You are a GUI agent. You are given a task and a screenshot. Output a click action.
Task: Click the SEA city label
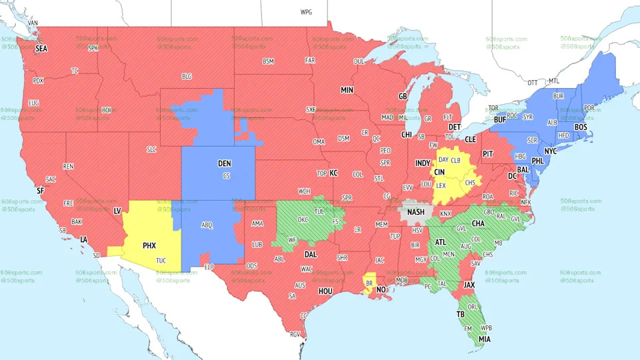[x=41, y=49]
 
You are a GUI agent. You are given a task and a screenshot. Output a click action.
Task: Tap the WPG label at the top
[x=306, y=13]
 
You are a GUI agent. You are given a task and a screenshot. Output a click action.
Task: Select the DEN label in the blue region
[x=225, y=163]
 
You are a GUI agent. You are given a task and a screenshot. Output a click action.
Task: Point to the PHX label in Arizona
[x=149, y=245]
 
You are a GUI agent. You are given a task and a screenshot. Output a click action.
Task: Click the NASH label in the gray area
[x=416, y=213]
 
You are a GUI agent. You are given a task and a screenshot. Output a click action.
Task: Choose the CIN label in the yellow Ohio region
[x=439, y=172]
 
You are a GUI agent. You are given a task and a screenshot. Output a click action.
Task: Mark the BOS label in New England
[x=581, y=127]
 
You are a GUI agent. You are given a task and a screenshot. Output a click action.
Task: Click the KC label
[x=334, y=173]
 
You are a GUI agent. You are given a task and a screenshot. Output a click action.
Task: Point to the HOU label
[x=325, y=291]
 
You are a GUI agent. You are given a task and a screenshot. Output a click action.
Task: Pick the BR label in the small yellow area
[x=368, y=283]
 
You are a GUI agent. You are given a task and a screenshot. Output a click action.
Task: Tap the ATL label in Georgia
[x=441, y=242]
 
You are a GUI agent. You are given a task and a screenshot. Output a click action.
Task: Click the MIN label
[x=347, y=90]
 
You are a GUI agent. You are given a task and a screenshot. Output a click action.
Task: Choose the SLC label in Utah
[x=151, y=150]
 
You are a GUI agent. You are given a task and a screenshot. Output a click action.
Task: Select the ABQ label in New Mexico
[x=207, y=225]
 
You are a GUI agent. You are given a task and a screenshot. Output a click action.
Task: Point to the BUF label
[x=499, y=120]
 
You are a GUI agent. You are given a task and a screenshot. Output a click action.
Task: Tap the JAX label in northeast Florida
[x=469, y=285]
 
